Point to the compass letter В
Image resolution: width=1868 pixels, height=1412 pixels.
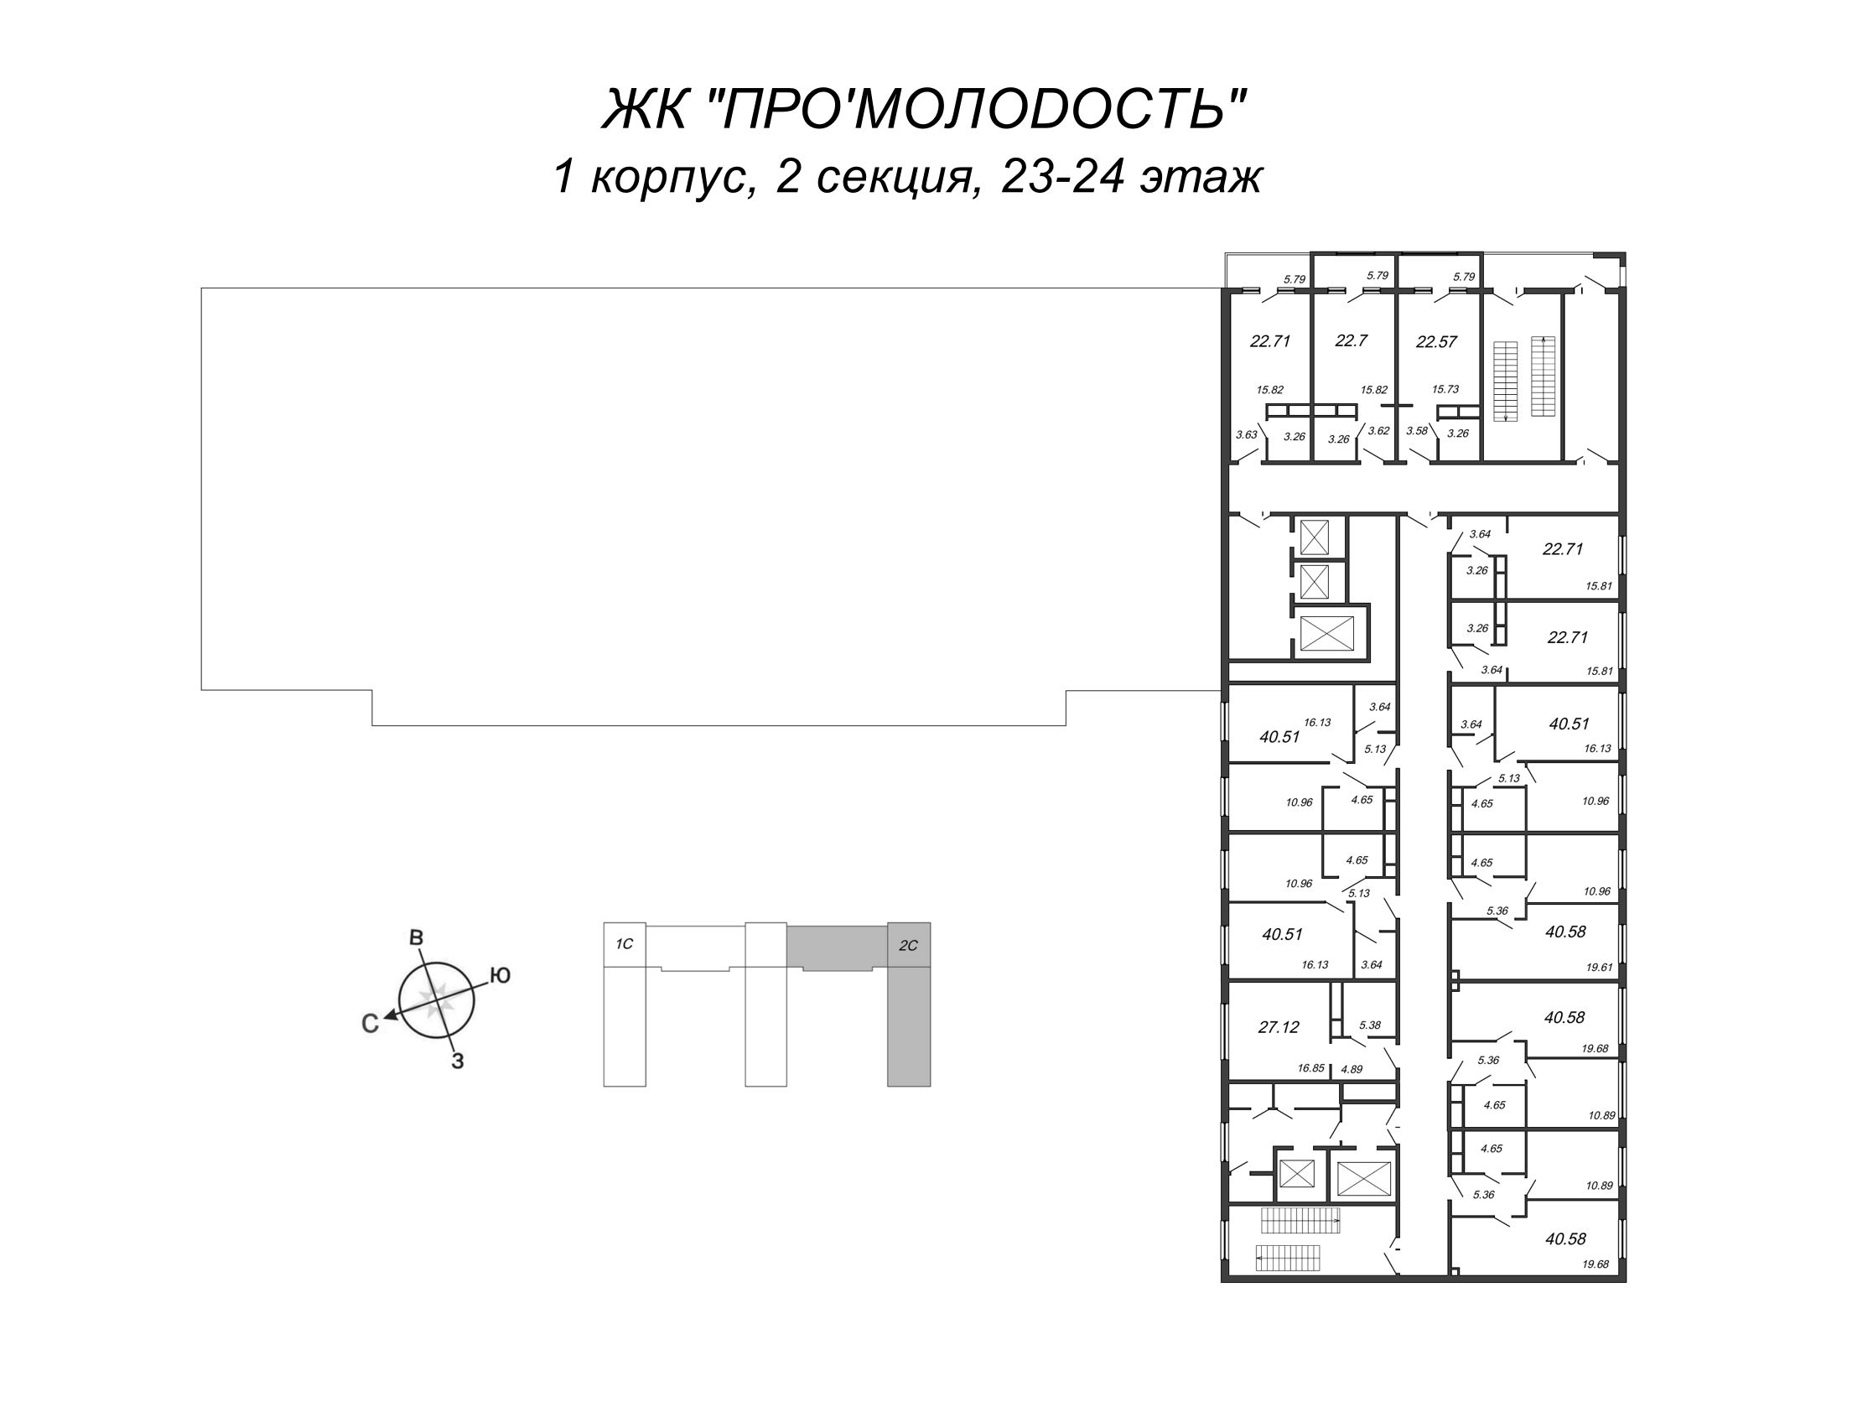tap(416, 937)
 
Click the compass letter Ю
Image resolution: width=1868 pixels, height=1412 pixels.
tap(500, 975)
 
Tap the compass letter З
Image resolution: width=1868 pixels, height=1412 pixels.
tap(457, 1062)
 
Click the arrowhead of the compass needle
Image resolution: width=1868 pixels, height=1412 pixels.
tap(389, 1017)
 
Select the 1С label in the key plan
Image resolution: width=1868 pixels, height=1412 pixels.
tap(624, 944)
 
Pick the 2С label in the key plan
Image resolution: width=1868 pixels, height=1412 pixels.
tap(908, 946)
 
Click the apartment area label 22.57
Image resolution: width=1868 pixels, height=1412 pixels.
tap(1436, 343)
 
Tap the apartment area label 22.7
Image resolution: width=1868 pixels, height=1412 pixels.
tap(1352, 341)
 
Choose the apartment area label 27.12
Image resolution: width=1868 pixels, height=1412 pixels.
tap(1279, 1028)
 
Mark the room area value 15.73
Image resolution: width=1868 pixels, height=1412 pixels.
tap(1445, 389)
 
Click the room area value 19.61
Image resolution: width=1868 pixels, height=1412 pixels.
tap(1600, 968)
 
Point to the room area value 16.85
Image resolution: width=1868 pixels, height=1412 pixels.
tap(1310, 1068)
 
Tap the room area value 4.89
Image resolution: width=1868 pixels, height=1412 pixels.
tap(1352, 1068)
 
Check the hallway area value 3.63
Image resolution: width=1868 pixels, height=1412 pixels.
tap(1247, 435)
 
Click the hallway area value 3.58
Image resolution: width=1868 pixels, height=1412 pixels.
tap(1417, 431)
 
